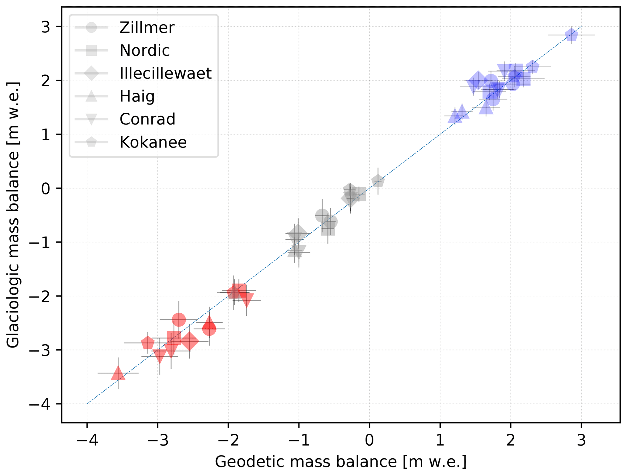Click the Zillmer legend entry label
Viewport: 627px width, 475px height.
pos(147,28)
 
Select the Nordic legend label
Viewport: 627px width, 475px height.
pos(145,50)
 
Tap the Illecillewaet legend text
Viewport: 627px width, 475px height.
pos(165,73)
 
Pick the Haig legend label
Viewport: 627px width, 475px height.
pos(137,96)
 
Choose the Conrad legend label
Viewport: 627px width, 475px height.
pos(147,119)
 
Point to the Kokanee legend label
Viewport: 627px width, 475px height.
pos(153,142)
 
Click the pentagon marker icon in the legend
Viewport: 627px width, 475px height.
pos(91,142)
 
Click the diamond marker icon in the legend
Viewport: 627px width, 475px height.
pos(91,73)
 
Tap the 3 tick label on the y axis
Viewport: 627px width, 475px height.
pos(46,27)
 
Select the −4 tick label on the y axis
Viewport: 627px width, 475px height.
pos(41,404)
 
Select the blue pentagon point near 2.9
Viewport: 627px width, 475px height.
pos(571,35)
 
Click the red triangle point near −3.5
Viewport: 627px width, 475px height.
pos(118,374)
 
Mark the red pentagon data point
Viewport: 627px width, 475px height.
pos(148,343)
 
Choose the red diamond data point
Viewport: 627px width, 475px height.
pos(189,341)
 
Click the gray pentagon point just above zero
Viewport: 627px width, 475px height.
pos(378,181)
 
